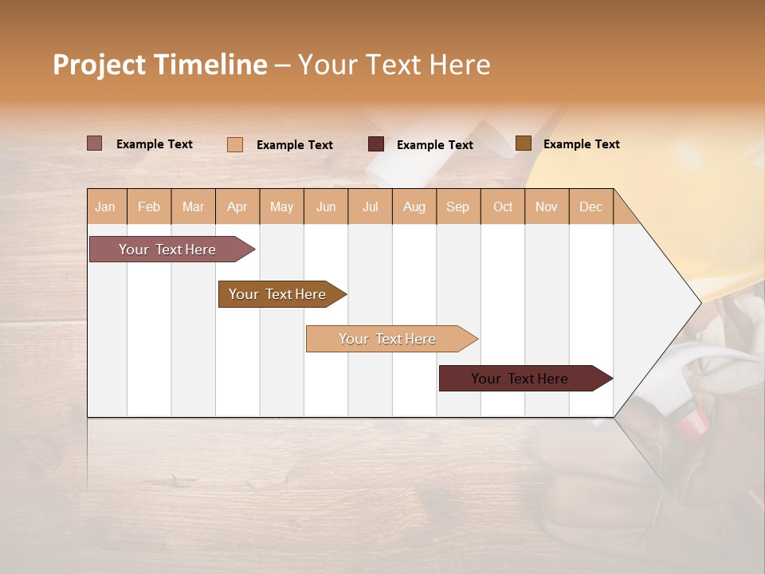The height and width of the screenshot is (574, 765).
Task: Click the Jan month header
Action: coord(105,206)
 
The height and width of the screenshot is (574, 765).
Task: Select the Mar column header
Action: coord(193,206)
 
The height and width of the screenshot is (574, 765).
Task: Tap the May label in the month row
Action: coord(281,206)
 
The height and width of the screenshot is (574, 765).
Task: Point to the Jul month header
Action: coord(370,206)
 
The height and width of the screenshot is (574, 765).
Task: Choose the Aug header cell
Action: coord(414,206)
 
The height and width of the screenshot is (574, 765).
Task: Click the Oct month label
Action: coord(502,206)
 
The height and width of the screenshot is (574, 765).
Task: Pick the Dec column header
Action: coord(590,206)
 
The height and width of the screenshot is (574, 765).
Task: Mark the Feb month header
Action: coord(149,206)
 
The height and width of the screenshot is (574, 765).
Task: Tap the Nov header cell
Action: coord(546,206)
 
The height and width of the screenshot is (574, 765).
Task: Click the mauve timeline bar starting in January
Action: coord(167,250)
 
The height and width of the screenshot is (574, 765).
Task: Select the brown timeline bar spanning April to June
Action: coord(277,294)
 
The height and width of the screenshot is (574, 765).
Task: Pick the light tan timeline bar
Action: coord(387,339)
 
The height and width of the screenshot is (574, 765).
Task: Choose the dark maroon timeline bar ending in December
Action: coord(520,379)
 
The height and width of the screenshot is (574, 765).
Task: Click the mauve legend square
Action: coord(94,143)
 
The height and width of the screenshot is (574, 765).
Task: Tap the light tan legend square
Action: coord(234,144)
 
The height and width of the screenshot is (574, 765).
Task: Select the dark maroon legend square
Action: coord(376,143)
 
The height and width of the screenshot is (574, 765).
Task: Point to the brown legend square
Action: coord(523,143)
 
